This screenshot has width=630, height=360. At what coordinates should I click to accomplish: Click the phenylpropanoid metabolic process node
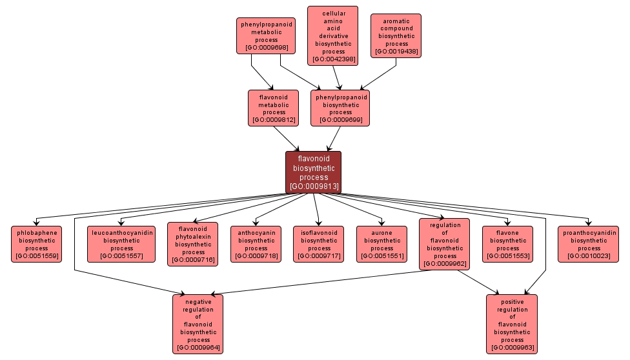click(x=266, y=36)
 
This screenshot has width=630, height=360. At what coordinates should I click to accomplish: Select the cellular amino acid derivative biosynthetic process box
click(x=333, y=35)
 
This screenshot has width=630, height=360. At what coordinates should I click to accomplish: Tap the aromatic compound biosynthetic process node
click(x=396, y=36)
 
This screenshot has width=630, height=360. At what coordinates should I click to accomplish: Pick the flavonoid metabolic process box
click(x=273, y=108)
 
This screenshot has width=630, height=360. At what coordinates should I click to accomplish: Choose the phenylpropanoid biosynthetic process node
click(x=340, y=108)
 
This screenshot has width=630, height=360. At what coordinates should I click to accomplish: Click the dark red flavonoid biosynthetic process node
click(x=313, y=172)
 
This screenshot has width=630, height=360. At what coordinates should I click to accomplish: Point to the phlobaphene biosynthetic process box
click(x=37, y=244)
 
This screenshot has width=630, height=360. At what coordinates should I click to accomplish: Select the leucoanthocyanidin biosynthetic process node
click(x=121, y=244)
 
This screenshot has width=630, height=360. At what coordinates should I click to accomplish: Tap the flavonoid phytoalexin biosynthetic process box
click(x=193, y=244)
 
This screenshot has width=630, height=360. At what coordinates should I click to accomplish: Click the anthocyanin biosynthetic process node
click(x=256, y=244)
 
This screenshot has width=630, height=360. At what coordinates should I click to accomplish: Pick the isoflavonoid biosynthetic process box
click(x=319, y=244)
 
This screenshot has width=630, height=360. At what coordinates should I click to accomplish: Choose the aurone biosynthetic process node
click(x=382, y=244)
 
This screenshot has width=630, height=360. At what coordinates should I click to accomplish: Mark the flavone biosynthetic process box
click(x=508, y=244)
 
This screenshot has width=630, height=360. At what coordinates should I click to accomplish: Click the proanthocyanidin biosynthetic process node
click(x=589, y=244)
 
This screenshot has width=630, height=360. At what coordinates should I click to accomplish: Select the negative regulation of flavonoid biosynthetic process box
click(x=198, y=324)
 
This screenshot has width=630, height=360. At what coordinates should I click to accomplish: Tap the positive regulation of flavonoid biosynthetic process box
click(x=512, y=324)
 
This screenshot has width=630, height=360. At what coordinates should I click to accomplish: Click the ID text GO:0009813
click(x=314, y=186)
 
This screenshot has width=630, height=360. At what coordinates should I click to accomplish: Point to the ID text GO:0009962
click(x=445, y=263)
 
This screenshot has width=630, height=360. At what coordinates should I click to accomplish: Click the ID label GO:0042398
click(x=333, y=59)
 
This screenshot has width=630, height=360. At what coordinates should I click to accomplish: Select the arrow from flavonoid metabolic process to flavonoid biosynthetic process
click(x=287, y=138)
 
